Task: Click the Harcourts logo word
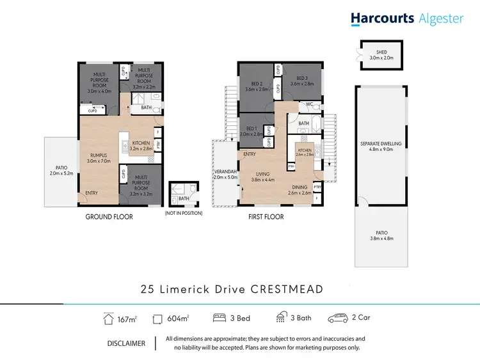(382, 19)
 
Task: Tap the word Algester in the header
(441, 19)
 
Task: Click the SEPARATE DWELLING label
(381, 144)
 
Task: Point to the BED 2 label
(257, 84)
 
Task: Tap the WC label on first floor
(308, 104)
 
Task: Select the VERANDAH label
(225, 172)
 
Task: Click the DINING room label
(300, 187)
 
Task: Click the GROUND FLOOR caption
(109, 217)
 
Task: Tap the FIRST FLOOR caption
(266, 217)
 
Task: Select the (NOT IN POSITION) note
(184, 213)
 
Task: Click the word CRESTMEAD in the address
(285, 289)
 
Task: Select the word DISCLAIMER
(126, 343)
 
